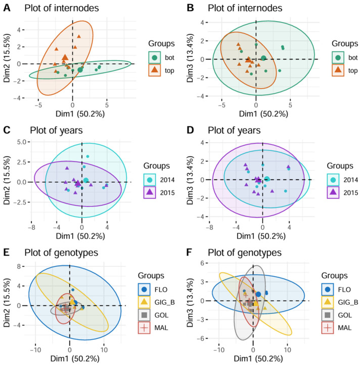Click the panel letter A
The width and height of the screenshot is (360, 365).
point(7,8)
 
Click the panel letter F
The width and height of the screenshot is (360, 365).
point(190,253)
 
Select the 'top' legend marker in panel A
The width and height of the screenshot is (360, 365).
point(154,70)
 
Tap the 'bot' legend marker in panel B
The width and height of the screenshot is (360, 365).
point(338,58)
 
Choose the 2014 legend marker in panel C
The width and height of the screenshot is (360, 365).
point(150,180)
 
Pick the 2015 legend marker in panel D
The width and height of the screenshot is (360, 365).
point(333,192)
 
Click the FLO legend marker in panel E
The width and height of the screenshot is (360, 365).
point(144,290)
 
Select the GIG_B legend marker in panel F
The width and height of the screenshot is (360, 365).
point(328,302)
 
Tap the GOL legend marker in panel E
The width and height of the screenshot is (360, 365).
point(144,315)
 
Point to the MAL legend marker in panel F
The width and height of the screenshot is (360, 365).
point(328,328)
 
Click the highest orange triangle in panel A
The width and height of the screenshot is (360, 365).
point(79,36)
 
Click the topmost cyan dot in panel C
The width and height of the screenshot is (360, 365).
point(87,156)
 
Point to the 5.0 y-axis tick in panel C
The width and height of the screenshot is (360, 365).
point(22,142)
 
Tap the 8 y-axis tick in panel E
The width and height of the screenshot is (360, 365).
point(19,266)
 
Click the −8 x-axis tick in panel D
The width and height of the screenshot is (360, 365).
point(209,227)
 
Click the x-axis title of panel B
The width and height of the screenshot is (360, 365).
point(263,113)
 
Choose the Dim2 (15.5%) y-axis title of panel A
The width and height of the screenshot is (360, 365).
point(7,58)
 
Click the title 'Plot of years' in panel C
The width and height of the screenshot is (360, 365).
point(56,131)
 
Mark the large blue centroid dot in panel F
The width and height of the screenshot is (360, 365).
point(258,294)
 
